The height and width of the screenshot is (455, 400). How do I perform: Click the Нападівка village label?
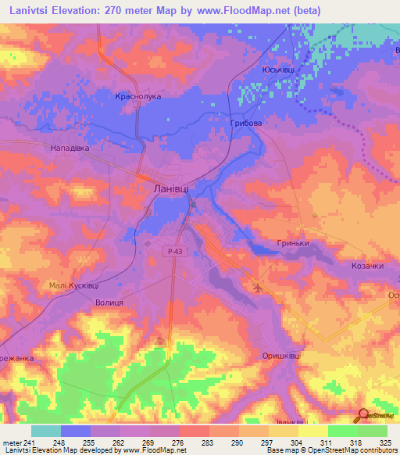71,147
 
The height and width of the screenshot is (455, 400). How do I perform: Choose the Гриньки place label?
293,243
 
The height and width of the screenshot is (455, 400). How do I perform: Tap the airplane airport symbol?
259,288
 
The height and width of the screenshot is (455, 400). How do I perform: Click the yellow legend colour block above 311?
313,432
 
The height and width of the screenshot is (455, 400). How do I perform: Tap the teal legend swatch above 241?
46,432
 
